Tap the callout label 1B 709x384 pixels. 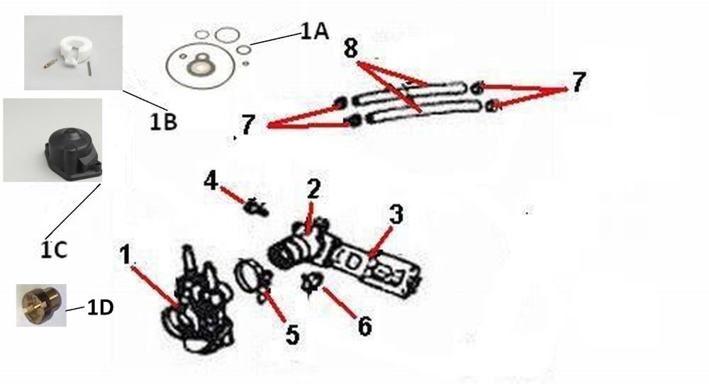click(x=163, y=122)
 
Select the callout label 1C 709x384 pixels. click(x=55, y=249)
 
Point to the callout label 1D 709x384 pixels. click(x=100, y=307)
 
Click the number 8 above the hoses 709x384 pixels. click(x=351, y=48)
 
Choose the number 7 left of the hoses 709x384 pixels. click(x=247, y=125)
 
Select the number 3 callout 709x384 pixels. click(x=396, y=214)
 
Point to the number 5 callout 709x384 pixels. click(x=293, y=334)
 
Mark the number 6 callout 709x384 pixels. click(x=365, y=325)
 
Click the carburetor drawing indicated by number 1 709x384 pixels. click(x=196, y=300)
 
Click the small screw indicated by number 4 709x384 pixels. click(x=256, y=207)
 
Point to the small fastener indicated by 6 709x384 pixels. click(x=311, y=283)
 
